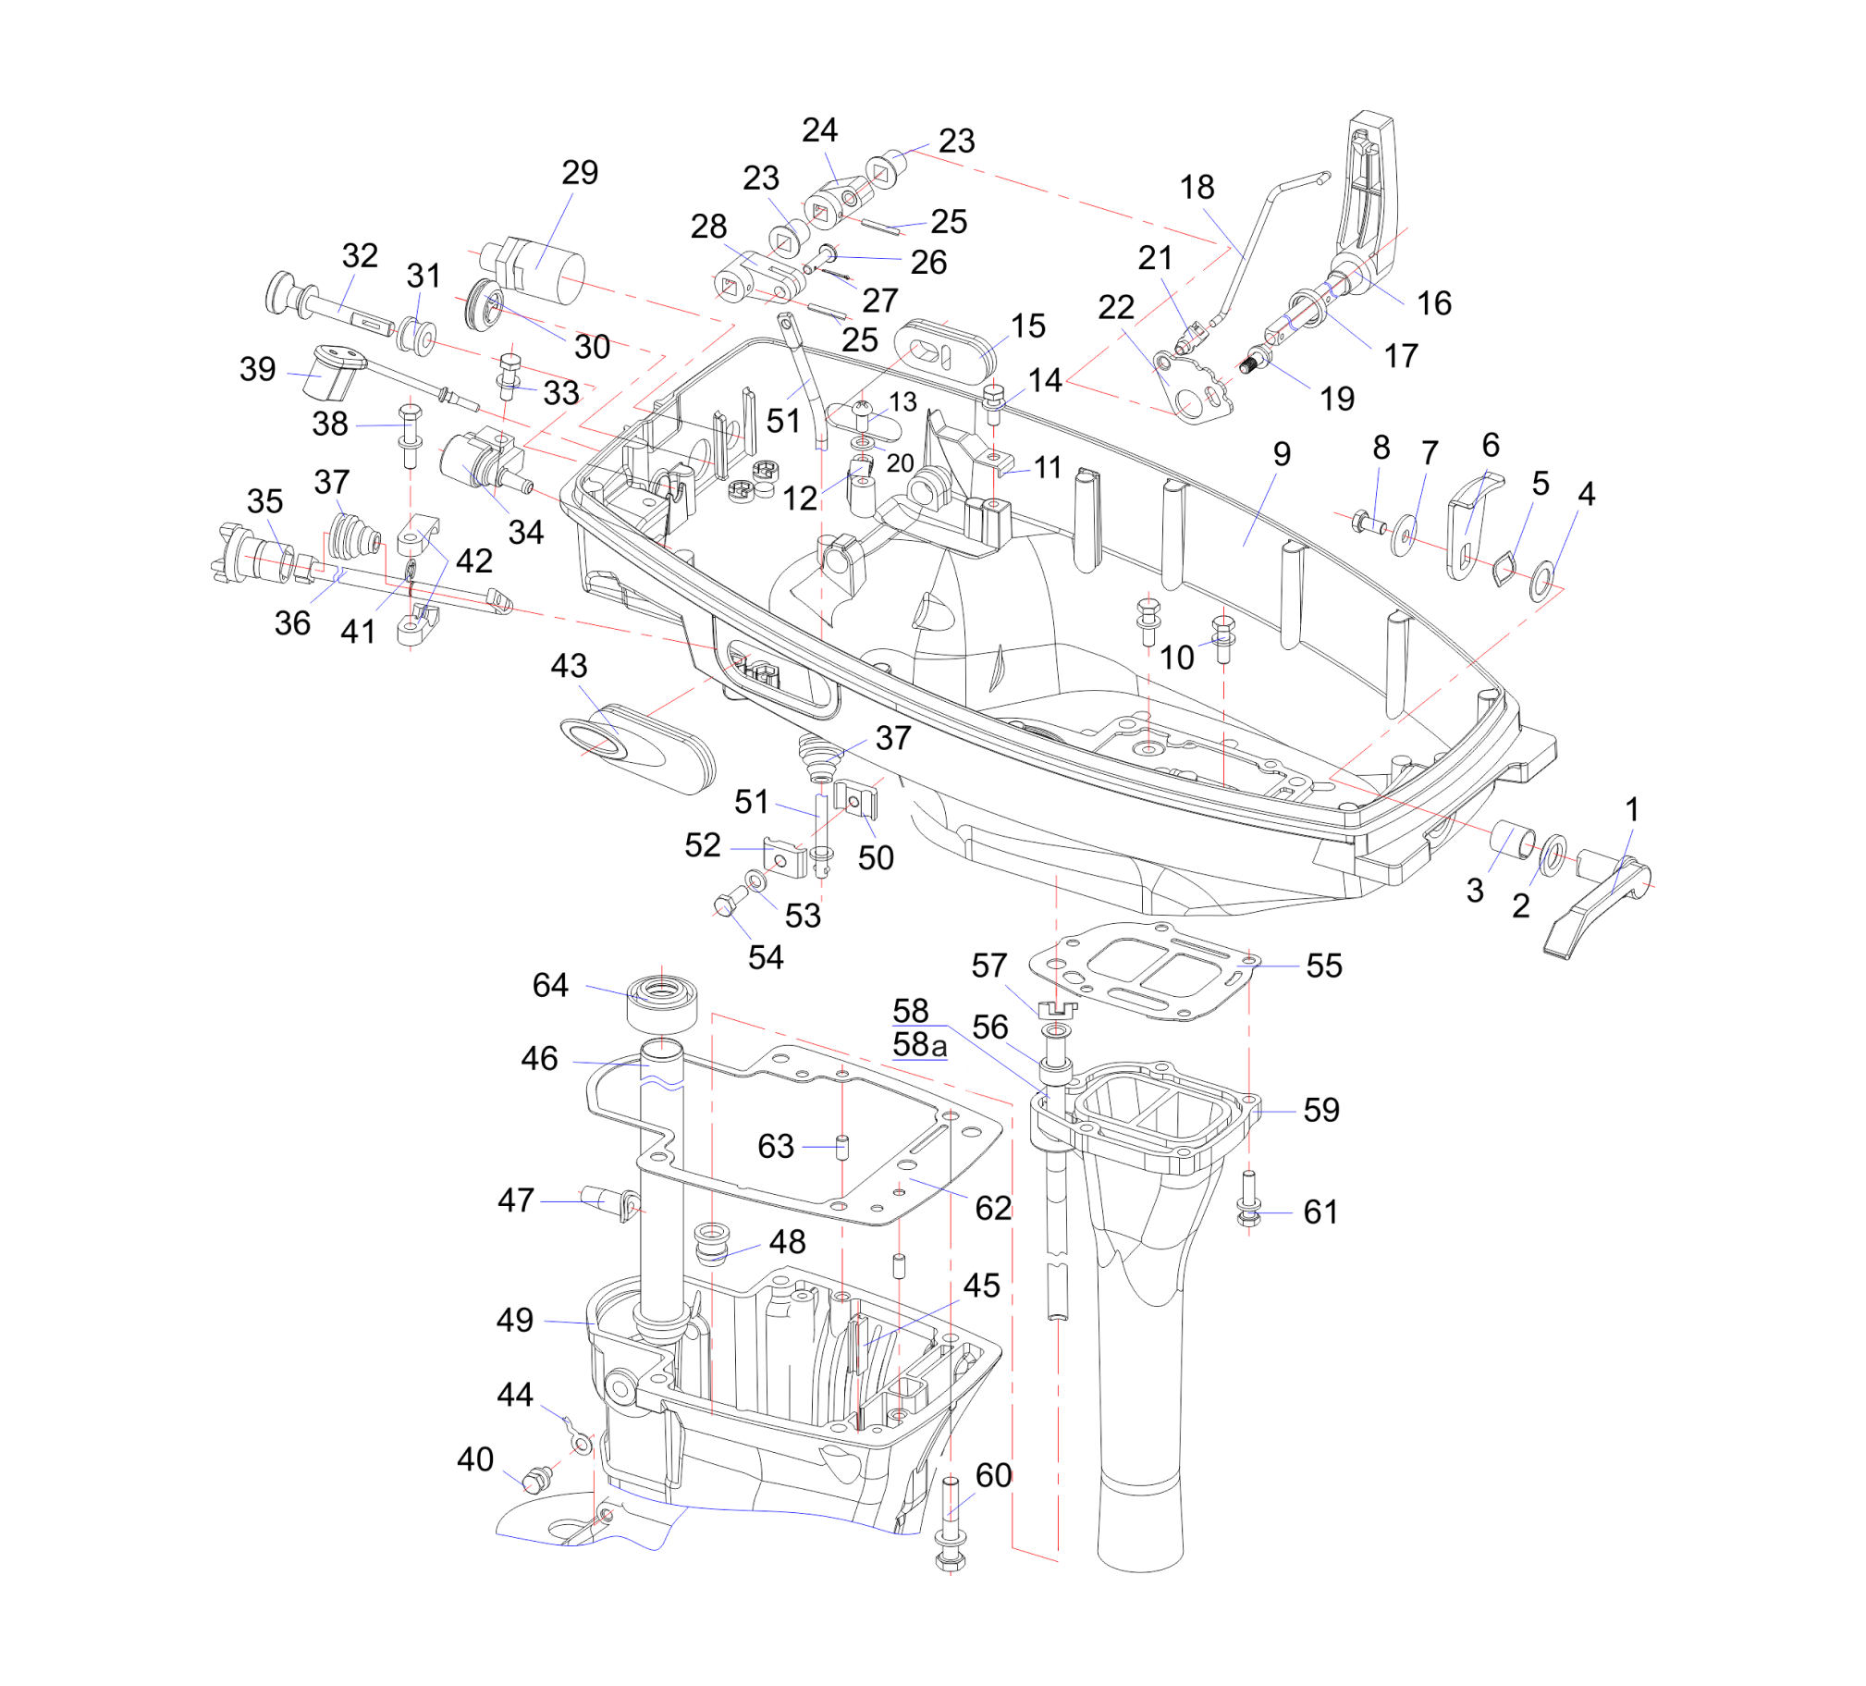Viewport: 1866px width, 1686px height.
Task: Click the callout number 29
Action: tap(580, 173)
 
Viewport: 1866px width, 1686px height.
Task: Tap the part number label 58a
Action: tap(919, 1044)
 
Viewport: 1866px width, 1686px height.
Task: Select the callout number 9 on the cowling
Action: tap(1281, 454)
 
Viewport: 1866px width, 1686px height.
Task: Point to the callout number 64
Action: tap(550, 985)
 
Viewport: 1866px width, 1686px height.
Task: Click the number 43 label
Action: tap(569, 666)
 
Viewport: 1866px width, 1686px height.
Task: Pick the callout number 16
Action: tap(1434, 302)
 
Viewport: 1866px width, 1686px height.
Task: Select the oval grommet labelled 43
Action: tap(639, 748)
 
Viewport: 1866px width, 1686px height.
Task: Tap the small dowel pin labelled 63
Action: tap(841, 1147)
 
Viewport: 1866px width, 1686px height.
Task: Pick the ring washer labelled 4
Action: tap(1542, 580)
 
